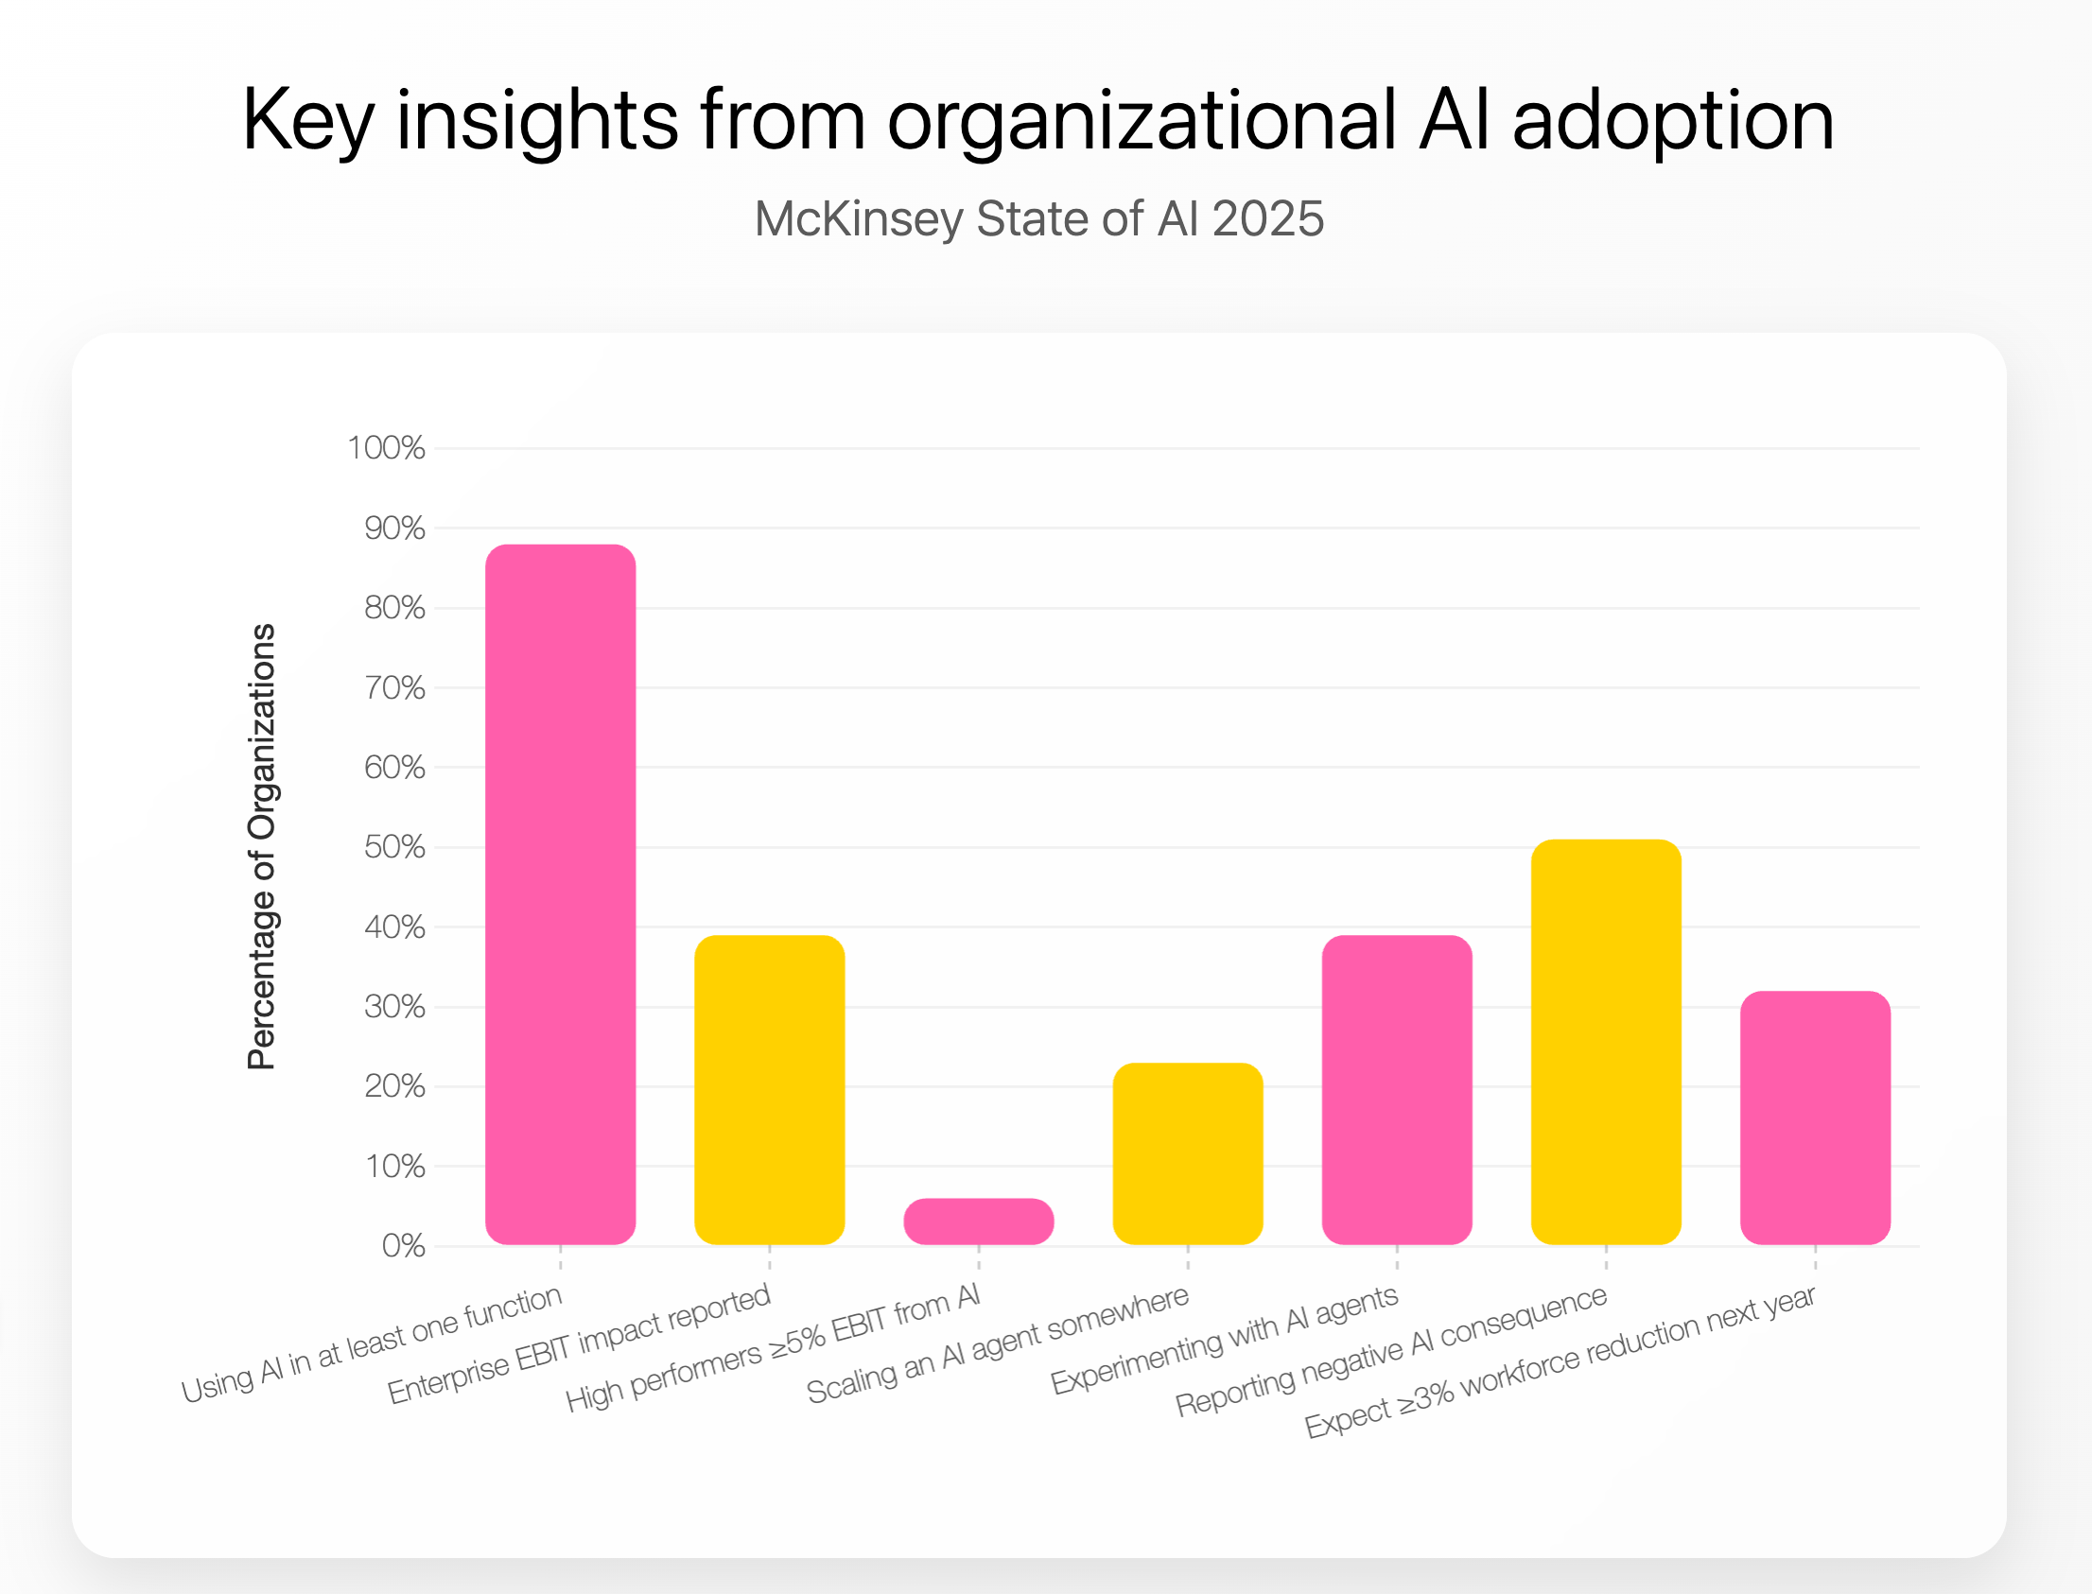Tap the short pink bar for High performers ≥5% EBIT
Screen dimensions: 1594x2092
pyautogui.click(x=979, y=1221)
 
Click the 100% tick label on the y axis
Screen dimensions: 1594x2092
pyautogui.click(x=385, y=448)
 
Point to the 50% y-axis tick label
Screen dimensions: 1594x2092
pyautogui.click(x=394, y=846)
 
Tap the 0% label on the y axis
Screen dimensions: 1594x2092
pyautogui.click(x=403, y=1246)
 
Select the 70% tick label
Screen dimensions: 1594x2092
pyautogui.click(x=394, y=687)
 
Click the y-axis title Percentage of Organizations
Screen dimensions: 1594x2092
pyautogui.click(x=261, y=846)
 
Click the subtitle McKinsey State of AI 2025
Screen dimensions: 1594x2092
pyautogui.click(x=1038, y=218)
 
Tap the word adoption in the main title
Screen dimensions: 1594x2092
pyautogui.click(x=1672, y=119)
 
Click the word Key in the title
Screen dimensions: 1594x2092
pyautogui.click(x=306, y=119)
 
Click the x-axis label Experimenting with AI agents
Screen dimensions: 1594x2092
pyautogui.click(x=1225, y=1339)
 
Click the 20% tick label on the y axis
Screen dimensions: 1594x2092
pyautogui.click(x=394, y=1085)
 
